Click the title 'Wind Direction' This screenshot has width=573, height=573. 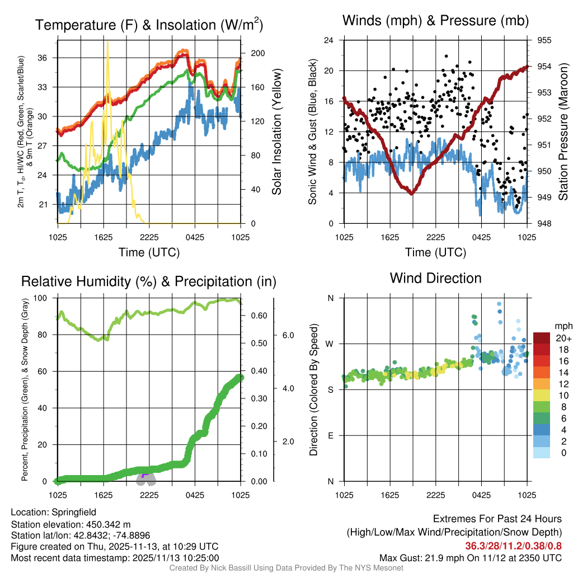(x=435, y=278)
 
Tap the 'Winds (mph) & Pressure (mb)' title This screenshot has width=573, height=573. (x=435, y=21)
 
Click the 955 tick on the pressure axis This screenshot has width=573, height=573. (x=544, y=40)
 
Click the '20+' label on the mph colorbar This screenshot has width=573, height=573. (x=562, y=338)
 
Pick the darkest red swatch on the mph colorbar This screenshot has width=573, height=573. (x=542, y=338)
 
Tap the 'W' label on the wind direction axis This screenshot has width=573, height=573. (x=330, y=344)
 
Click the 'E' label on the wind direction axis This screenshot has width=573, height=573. (x=330, y=435)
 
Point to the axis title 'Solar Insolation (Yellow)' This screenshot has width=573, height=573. (x=276, y=132)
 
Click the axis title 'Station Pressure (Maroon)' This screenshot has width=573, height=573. (x=563, y=132)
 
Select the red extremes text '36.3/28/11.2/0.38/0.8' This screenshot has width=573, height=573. (x=513, y=546)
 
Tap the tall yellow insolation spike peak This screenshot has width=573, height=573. (x=107, y=43)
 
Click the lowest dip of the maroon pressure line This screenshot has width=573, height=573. (x=411, y=193)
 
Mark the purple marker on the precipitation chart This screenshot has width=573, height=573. (x=144, y=476)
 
